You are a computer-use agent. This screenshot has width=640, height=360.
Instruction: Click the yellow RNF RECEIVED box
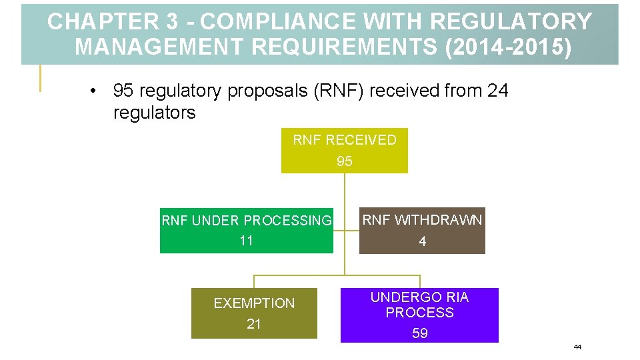(344, 151)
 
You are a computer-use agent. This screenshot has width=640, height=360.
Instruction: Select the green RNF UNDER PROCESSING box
(246, 231)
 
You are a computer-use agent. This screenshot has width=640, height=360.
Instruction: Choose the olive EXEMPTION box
(254, 313)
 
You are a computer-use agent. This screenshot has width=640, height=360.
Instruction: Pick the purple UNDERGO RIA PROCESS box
(419, 315)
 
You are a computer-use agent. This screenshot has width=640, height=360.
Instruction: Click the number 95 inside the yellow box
(345, 161)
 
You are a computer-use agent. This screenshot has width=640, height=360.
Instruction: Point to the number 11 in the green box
(247, 241)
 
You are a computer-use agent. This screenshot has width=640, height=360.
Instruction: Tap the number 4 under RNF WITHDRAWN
(423, 242)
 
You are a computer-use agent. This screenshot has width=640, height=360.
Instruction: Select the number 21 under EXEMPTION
(254, 324)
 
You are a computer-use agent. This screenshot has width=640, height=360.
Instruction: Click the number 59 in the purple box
(420, 333)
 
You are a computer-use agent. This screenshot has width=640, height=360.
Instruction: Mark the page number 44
(577, 347)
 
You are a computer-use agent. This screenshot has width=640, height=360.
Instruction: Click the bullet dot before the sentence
(95, 91)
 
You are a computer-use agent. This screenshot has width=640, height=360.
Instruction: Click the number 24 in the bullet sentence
(497, 91)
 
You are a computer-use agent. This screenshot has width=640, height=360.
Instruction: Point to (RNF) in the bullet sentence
(338, 91)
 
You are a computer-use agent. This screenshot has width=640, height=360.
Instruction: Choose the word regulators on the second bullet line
(154, 113)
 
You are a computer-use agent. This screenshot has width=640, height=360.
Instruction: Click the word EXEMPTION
(254, 303)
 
